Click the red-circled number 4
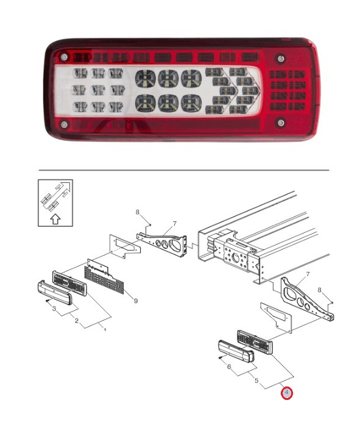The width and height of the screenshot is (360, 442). [287, 393]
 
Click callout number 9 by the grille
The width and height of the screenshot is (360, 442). [135, 300]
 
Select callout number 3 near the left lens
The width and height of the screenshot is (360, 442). [54, 311]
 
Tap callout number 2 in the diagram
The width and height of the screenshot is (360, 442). [77, 320]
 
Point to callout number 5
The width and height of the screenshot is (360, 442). [256, 382]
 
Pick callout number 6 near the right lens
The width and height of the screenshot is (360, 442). [228, 367]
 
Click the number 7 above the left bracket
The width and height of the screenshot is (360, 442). [174, 224]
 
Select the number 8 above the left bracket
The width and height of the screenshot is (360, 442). [138, 213]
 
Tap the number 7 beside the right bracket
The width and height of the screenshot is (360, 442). [308, 274]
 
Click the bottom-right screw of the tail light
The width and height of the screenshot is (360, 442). [280, 123]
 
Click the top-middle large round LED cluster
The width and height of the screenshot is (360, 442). [168, 78]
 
